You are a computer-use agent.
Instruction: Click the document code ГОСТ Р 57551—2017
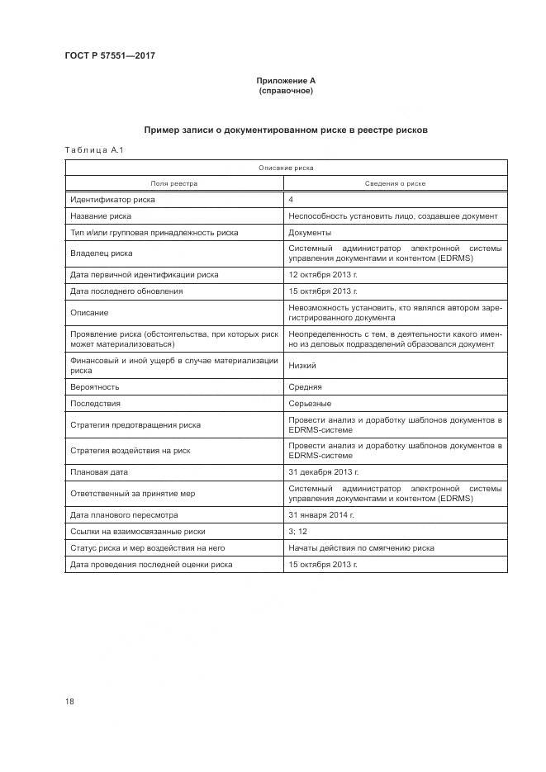(111, 56)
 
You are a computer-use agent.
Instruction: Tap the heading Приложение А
(286, 80)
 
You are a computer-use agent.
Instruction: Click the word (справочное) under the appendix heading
(286, 90)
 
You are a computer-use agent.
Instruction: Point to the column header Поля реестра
(173, 183)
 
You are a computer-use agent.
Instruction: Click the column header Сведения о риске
(395, 183)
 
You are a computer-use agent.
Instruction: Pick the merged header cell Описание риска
(286, 168)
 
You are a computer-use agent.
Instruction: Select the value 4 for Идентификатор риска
(291, 200)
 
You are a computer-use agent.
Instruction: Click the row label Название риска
(101, 215)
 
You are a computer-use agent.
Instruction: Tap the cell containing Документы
(310, 232)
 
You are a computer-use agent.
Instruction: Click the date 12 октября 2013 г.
(323, 274)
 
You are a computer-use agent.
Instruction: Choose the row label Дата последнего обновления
(126, 291)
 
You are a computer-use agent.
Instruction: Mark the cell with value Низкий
(302, 365)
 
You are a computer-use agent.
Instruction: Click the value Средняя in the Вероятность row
(306, 386)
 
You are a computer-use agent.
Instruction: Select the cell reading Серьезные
(310, 403)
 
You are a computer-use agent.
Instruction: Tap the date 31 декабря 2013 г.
(323, 472)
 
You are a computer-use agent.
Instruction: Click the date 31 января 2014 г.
(321, 514)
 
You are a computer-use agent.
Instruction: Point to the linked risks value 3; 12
(297, 531)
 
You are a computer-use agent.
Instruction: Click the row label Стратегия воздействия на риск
(131, 451)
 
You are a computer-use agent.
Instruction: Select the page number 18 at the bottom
(69, 701)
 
